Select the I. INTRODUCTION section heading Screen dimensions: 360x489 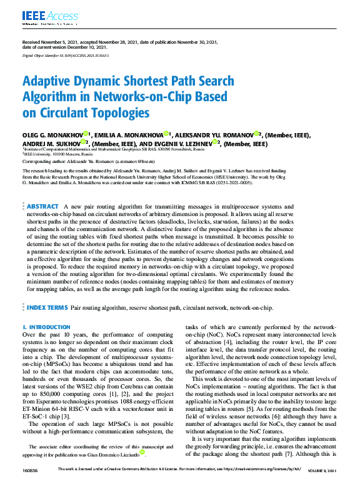46,327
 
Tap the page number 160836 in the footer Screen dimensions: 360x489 29,485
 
